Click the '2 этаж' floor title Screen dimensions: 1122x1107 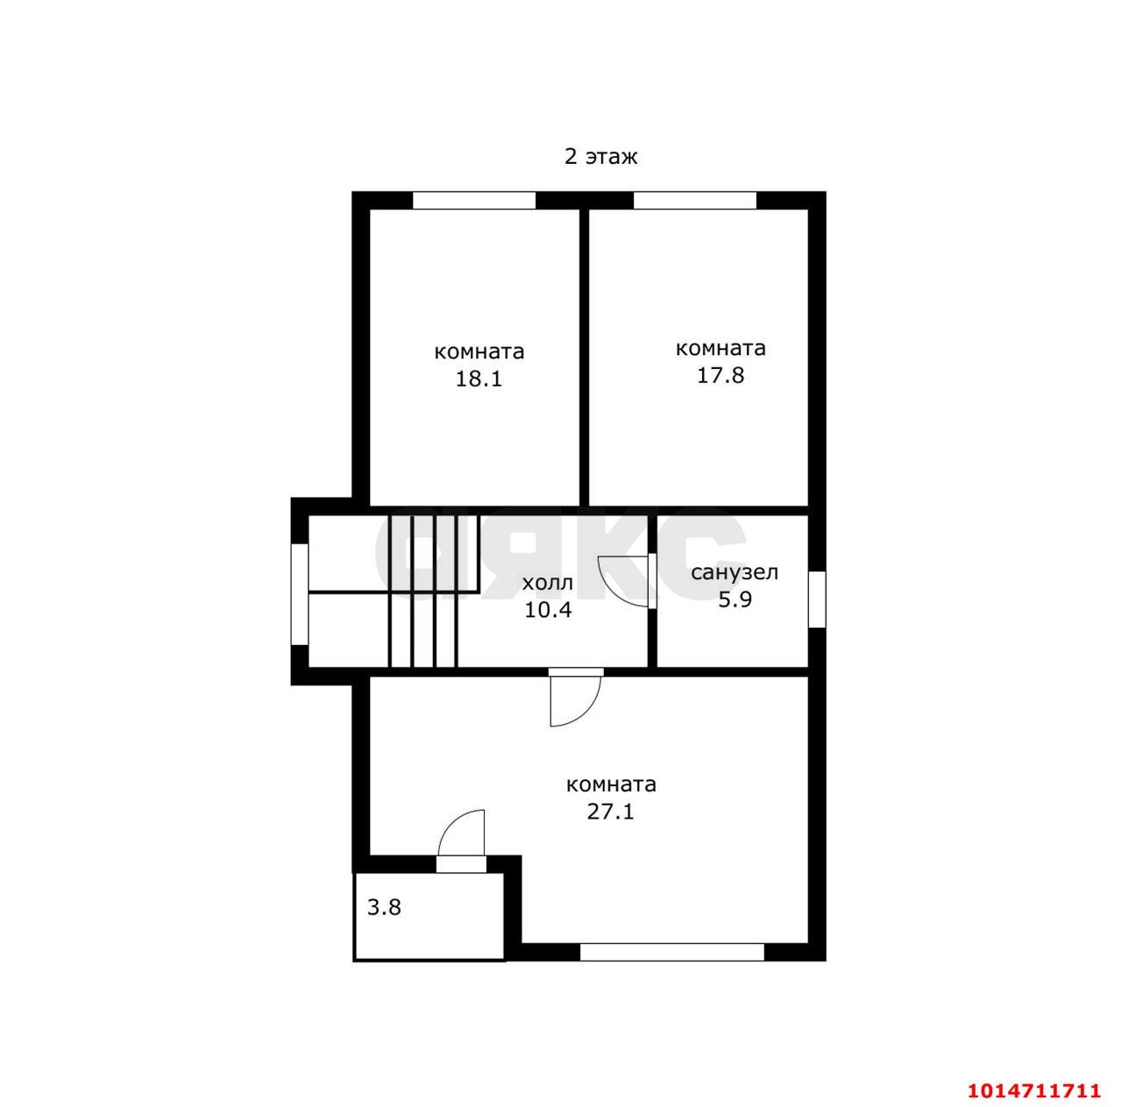(600, 157)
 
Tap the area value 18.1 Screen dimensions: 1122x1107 (479, 380)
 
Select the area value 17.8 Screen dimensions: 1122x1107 (721, 375)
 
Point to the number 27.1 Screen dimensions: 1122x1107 (610, 811)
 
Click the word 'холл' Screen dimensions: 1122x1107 (547, 583)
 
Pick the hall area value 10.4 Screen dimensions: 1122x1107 (548, 610)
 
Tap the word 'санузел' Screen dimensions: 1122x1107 (735, 573)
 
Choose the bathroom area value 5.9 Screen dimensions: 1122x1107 (735, 600)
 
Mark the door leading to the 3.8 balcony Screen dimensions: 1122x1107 (461, 841)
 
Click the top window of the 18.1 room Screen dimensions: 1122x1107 (474, 200)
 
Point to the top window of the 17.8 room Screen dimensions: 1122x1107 (694, 200)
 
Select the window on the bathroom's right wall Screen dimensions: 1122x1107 (817, 600)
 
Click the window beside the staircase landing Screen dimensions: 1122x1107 (299, 594)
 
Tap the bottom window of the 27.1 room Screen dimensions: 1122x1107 (672, 952)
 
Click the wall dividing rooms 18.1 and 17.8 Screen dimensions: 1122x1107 (584, 357)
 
